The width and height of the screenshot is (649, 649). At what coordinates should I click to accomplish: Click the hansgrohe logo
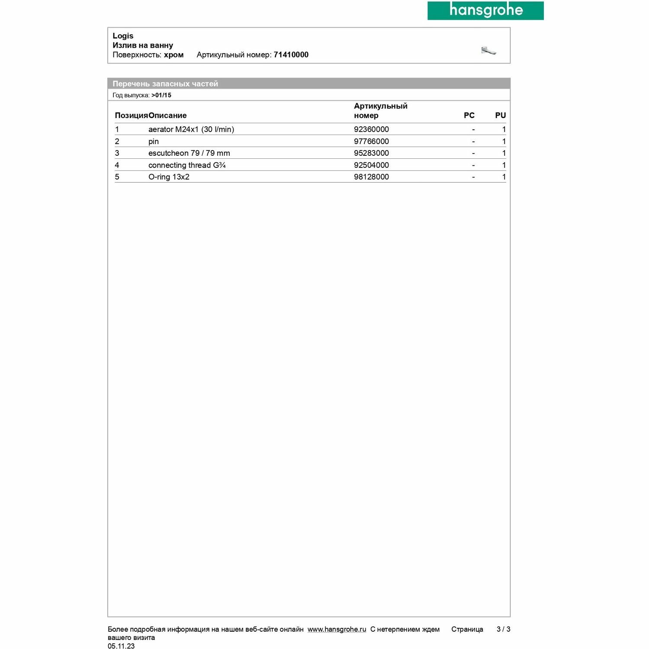[x=485, y=10]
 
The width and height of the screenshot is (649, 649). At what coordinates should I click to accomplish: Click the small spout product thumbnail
[x=488, y=51]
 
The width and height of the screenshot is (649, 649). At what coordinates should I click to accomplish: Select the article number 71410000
[x=291, y=55]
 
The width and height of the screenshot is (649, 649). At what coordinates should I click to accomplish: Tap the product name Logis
[x=123, y=36]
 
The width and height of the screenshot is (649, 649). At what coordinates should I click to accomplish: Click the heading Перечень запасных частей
[x=165, y=84]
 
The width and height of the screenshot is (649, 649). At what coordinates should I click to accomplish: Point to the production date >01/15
[x=161, y=95]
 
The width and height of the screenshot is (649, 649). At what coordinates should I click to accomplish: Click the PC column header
[x=469, y=116]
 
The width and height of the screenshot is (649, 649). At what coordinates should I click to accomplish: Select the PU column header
[x=500, y=116]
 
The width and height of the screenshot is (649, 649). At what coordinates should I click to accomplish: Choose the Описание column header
[x=167, y=116]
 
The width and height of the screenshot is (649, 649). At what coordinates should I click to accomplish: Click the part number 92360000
[x=371, y=129]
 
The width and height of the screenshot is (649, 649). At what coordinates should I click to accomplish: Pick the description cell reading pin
[x=154, y=141]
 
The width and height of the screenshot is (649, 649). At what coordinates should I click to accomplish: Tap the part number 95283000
[x=371, y=153]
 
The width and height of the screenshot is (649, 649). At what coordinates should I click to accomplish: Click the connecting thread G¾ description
[x=187, y=165]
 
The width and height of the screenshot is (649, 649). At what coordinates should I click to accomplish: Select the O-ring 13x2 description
[x=169, y=177]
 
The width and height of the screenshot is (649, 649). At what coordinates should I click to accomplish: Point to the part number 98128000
[x=371, y=177]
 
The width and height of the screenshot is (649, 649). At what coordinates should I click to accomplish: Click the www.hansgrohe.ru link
[x=337, y=630]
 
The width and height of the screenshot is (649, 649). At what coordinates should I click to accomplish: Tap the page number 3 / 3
[x=503, y=629]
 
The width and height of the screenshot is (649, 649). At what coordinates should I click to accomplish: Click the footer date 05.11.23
[x=121, y=646]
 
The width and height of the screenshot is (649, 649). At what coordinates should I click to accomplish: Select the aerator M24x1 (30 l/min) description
[x=191, y=129]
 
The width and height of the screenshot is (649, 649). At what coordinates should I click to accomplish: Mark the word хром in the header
[x=173, y=55]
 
